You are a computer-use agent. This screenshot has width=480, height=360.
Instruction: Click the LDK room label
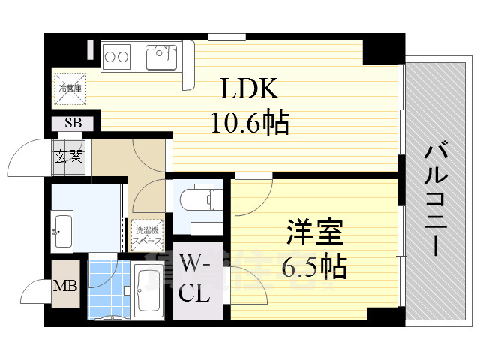tap(250, 90)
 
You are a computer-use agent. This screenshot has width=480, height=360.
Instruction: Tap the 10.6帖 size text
tap(250, 123)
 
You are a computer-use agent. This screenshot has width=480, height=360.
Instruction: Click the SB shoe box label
tap(73, 124)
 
